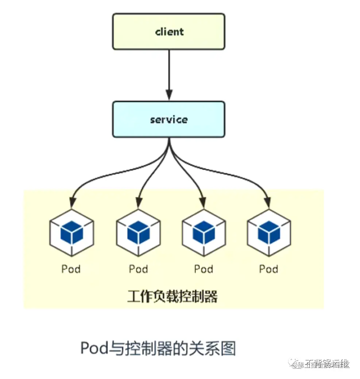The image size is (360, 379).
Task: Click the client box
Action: pyautogui.click(x=169, y=32)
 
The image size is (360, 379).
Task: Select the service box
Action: pyautogui.click(x=169, y=120)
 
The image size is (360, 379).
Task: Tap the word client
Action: pyautogui.click(x=169, y=32)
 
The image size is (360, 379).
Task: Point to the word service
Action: pyautogui.click(x=169, y=120)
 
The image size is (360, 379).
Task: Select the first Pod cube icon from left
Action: pyautogui.click(x=71, y=232)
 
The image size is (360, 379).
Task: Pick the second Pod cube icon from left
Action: pyautogui.click(x=138, y=232)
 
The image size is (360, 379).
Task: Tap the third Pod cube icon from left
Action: pyautogui.click(x=204, y=232)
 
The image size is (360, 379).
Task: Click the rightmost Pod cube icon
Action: pyautogui.click(x=269, y=232)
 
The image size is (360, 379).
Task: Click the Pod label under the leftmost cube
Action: pyautogui.click(x=71, y=269)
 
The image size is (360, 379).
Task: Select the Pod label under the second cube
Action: pyautogui.click(x=138, y=269)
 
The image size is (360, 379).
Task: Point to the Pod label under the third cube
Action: pyautogui.click(x=204, y=269)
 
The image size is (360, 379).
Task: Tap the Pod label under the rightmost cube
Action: pyautogui.click(x=269, y=269)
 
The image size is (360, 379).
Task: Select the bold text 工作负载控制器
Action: pyautogui.click(x=172, y=296)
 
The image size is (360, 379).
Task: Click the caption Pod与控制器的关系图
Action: pyautogui.click(x=158, y=348)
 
